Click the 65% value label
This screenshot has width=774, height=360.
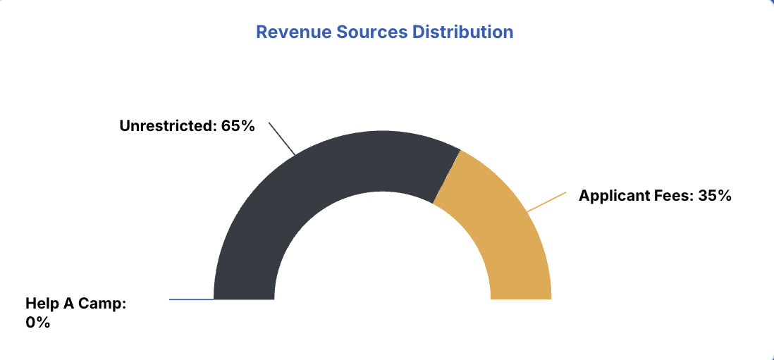coord(238,126)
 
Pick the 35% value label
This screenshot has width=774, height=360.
coord(715,196)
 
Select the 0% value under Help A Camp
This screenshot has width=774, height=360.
coord(38,323)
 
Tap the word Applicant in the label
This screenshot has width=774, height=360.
coord(610,196)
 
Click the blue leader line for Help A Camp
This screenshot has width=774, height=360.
coord(191,299)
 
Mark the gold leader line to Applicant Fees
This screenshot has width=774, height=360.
coord(546,201)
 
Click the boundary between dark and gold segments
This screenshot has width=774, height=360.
coord(446,176)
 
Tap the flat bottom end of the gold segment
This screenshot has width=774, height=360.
coord(521,299)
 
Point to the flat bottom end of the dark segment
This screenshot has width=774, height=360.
coord(244,299)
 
